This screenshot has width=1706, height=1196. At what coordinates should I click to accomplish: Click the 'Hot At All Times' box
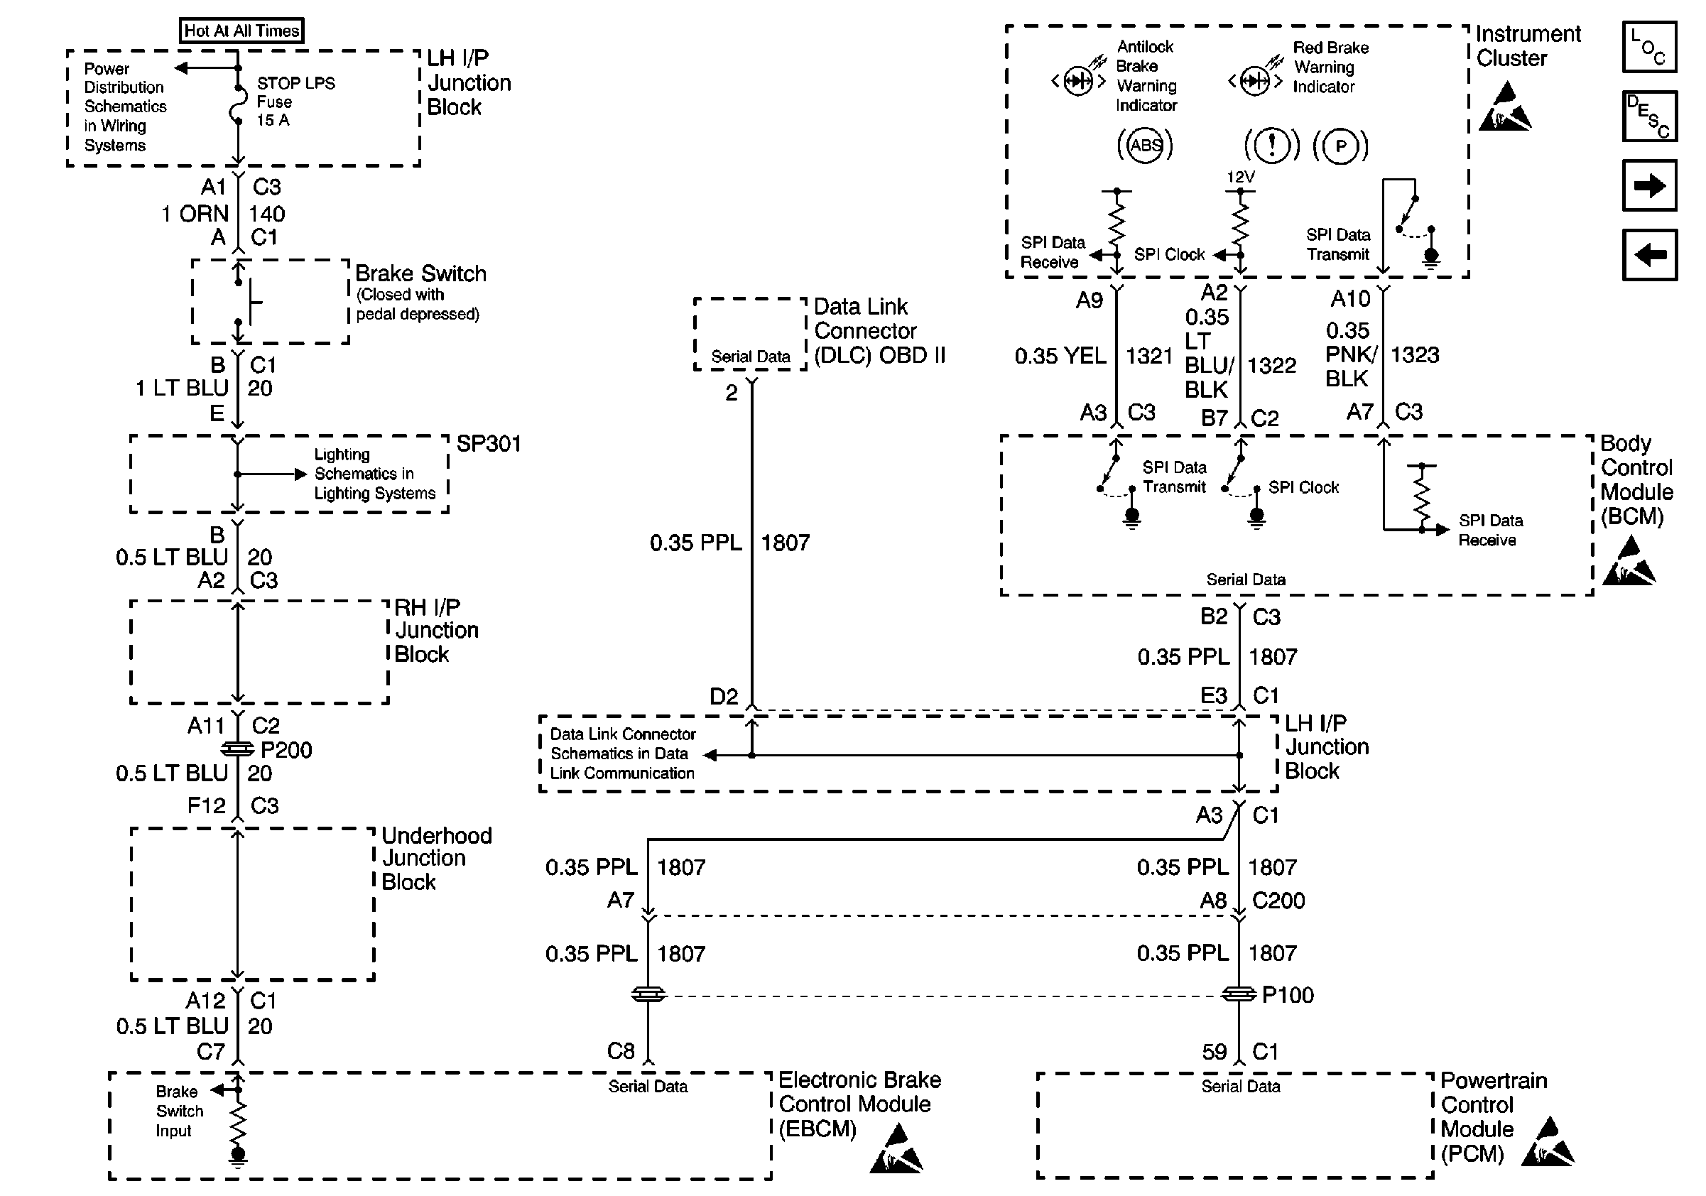click(241, 31)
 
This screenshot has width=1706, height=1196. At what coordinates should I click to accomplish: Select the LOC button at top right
click(1648, 47)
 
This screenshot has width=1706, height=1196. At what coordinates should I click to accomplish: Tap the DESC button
click(1648, 116)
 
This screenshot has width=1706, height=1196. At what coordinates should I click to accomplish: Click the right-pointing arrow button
click(1648, 185)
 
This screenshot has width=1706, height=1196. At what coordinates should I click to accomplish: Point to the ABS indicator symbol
click(1145, 145)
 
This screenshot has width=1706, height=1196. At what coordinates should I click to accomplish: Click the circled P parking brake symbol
click(1340, 146)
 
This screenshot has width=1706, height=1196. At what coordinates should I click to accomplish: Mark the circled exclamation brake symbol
click(1272, 146)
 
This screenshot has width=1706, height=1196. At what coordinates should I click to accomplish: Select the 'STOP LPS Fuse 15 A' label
click(295, 101)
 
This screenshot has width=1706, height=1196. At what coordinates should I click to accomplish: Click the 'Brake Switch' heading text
click(420, 273)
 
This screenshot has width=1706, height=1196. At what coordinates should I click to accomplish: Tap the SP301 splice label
click(488, 443)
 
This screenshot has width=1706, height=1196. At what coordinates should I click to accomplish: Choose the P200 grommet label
click(286, 749)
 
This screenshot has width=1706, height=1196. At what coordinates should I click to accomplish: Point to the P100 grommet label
click(1288, 995)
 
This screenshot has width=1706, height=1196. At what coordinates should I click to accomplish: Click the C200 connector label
click(1278, 901)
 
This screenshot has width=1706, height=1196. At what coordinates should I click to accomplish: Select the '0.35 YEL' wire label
click(1060, 356)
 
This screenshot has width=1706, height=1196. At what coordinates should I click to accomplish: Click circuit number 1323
click(1415, 354)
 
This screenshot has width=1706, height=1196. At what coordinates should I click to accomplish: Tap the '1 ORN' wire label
click(195, 214)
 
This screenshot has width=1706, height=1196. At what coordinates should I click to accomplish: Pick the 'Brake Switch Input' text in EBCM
click(179, 1111)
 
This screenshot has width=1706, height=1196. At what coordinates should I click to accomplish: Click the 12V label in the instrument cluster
click(1240, 177)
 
